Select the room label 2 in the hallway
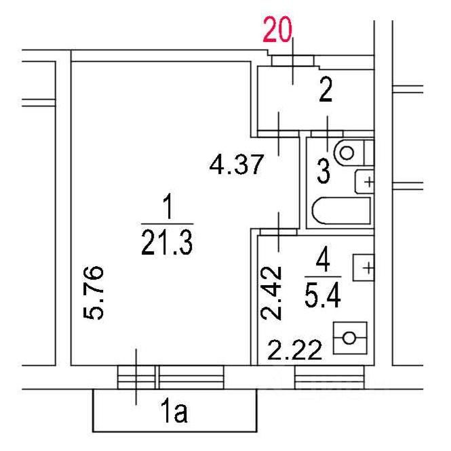click(x=326, y=90)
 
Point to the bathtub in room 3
click(x=341, y=212)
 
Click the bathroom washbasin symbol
click(x=366, y=181)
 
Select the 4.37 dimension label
click(x=235, y=165)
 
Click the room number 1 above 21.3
click(x=166, y=205)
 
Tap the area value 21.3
click(x=167, y=241)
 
